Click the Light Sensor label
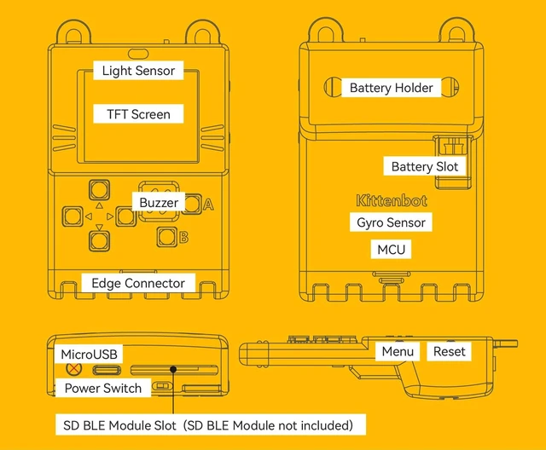point(138,71)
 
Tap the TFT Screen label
point(138,114)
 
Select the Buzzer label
point(159,202)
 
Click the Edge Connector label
point(138,283)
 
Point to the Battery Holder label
point(391,88)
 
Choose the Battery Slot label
point(425,166)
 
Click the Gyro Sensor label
point(391,222)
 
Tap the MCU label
point(391,250)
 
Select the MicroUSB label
point(89,354)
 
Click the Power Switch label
point(103,388)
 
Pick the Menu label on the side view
point(398,351)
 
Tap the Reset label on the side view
point(449,351)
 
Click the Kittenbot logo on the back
point(392,201)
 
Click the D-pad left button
point(73,216)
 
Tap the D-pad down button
point(99,241)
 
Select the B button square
point(166,237)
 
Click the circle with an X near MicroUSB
point(74,369)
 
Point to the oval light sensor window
point(138,54)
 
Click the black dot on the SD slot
point(173,369)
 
